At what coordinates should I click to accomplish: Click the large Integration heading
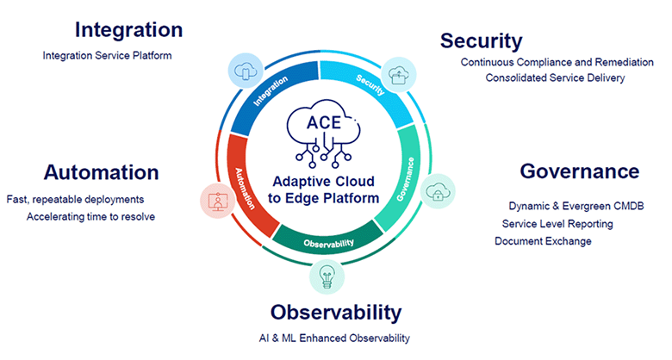128,29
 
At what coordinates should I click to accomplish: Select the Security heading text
481,40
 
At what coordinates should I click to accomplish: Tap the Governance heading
579,171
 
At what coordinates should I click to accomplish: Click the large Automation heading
102,171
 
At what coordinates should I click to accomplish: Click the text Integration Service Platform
107,56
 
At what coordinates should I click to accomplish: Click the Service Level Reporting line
557,224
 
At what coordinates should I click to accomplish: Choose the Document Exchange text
543,241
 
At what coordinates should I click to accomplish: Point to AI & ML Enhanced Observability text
334,338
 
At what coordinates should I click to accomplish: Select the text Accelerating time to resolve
90,216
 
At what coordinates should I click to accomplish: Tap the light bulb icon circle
327,276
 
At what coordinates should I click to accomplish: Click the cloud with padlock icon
439,191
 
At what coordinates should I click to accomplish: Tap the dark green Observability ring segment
329,240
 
